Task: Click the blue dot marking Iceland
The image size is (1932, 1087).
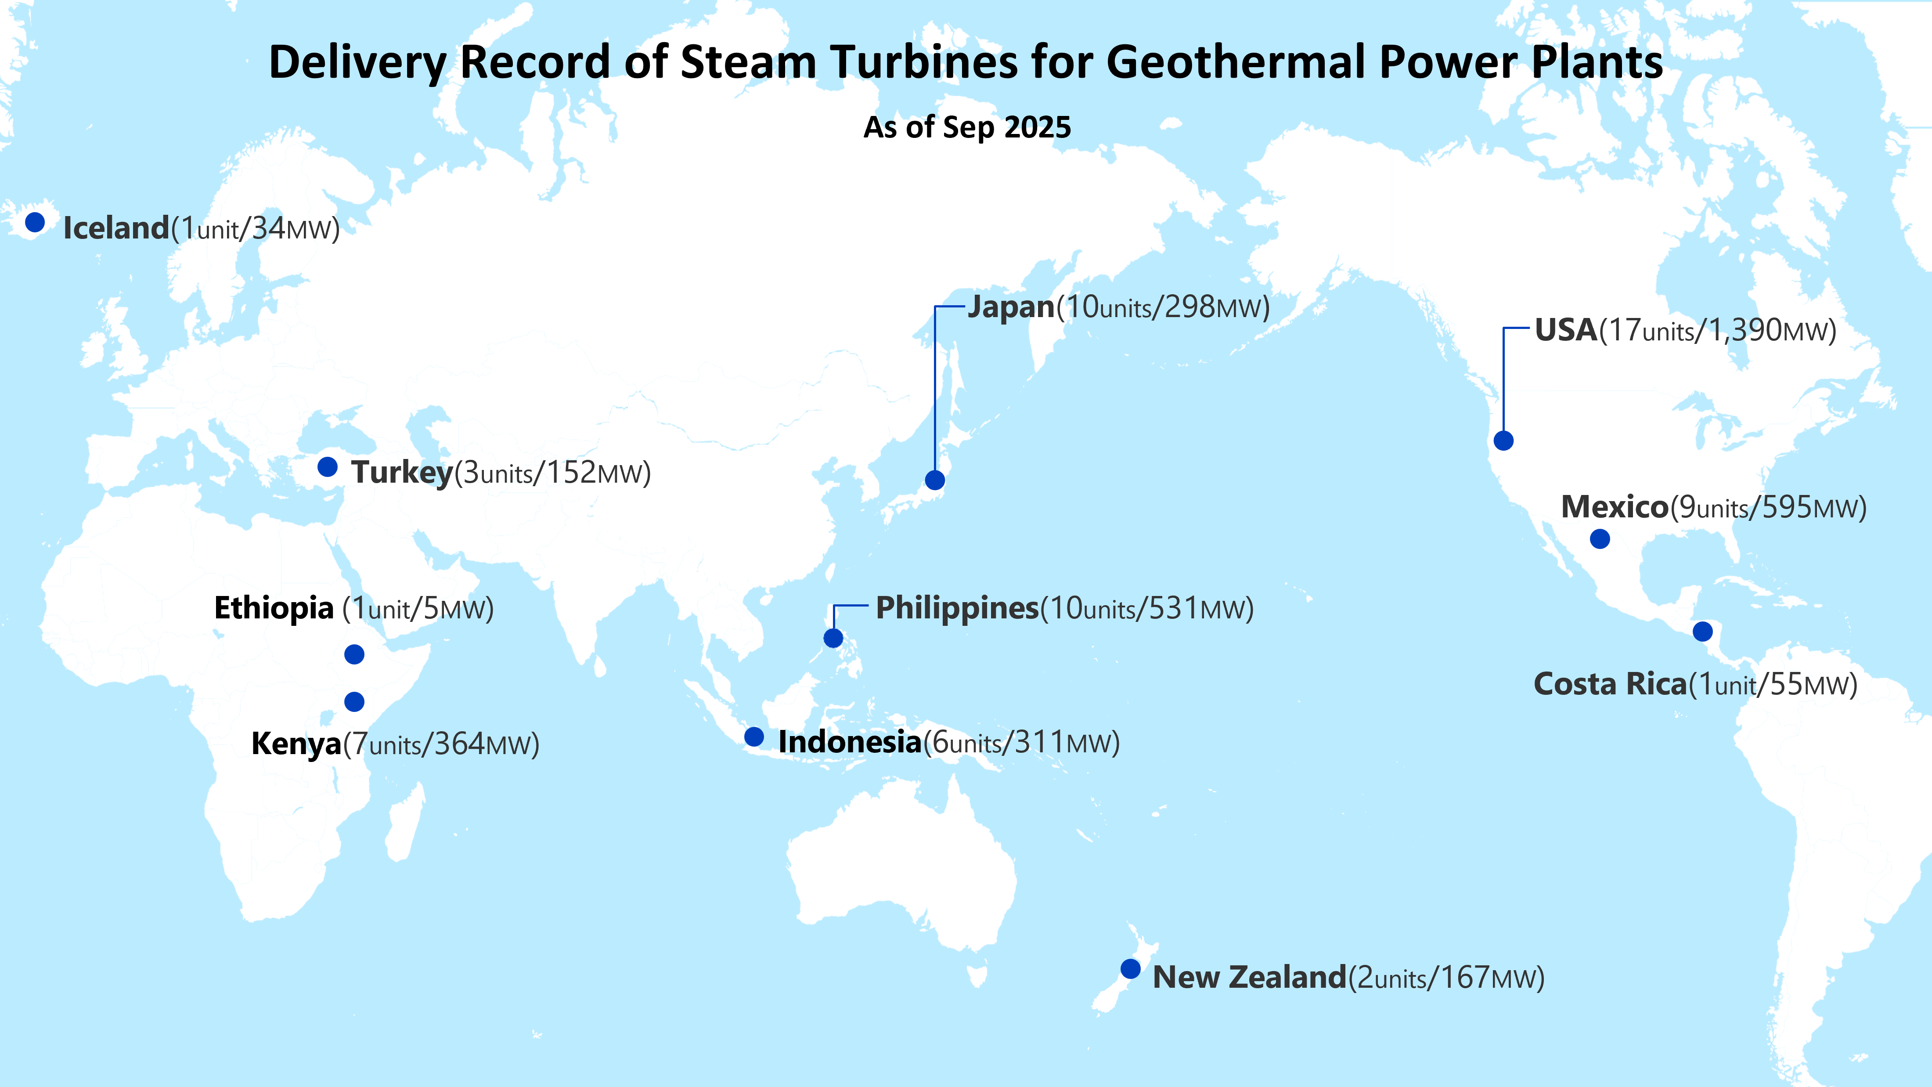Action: click(35, 222)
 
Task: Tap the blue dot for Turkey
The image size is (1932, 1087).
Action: click(328, 466)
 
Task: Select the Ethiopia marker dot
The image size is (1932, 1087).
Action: click(354, 654)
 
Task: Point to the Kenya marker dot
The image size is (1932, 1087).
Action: click(354, 701)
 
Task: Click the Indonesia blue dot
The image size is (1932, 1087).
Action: click(754, 737)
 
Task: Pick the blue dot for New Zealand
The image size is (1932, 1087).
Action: click(1130, 968)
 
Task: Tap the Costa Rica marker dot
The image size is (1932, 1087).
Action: click(1702, 631)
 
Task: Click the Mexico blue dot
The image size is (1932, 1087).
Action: click(1600, 538)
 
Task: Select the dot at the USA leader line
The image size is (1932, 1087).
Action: click(1503, 441)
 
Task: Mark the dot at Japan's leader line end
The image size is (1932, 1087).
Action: click(934, 480)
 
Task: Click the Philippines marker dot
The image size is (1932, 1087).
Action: click(833, 638)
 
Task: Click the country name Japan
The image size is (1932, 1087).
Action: click(1011, 307)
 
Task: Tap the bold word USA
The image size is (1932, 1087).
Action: click(1566, 330)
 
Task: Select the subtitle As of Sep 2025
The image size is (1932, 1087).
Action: click(967, 127)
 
